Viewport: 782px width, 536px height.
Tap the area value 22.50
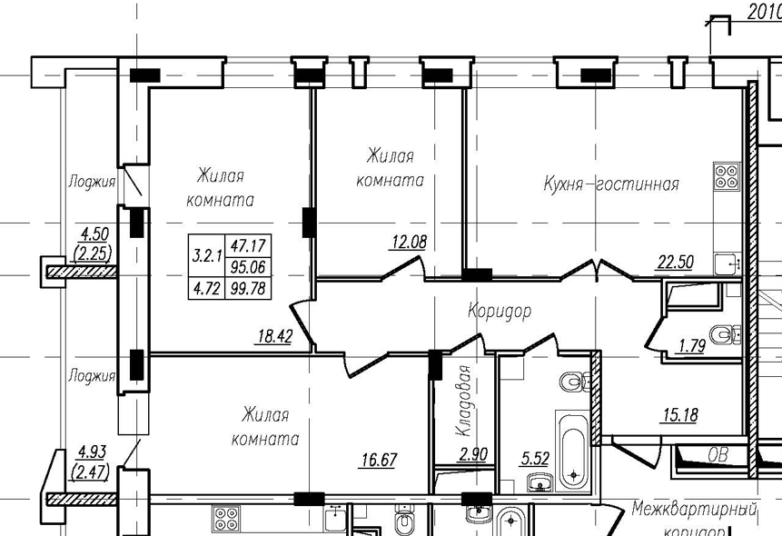pos(675,262)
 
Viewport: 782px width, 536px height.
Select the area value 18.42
pos(275,336)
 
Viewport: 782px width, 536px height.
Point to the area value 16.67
pos(378,460)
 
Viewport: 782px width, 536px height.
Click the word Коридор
pos(499,311)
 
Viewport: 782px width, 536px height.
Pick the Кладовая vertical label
pos(462,402)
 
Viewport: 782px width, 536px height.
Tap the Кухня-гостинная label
pos(611,184)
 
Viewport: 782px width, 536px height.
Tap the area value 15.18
pos(680,416)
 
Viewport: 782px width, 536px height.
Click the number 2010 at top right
pos(765,11)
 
